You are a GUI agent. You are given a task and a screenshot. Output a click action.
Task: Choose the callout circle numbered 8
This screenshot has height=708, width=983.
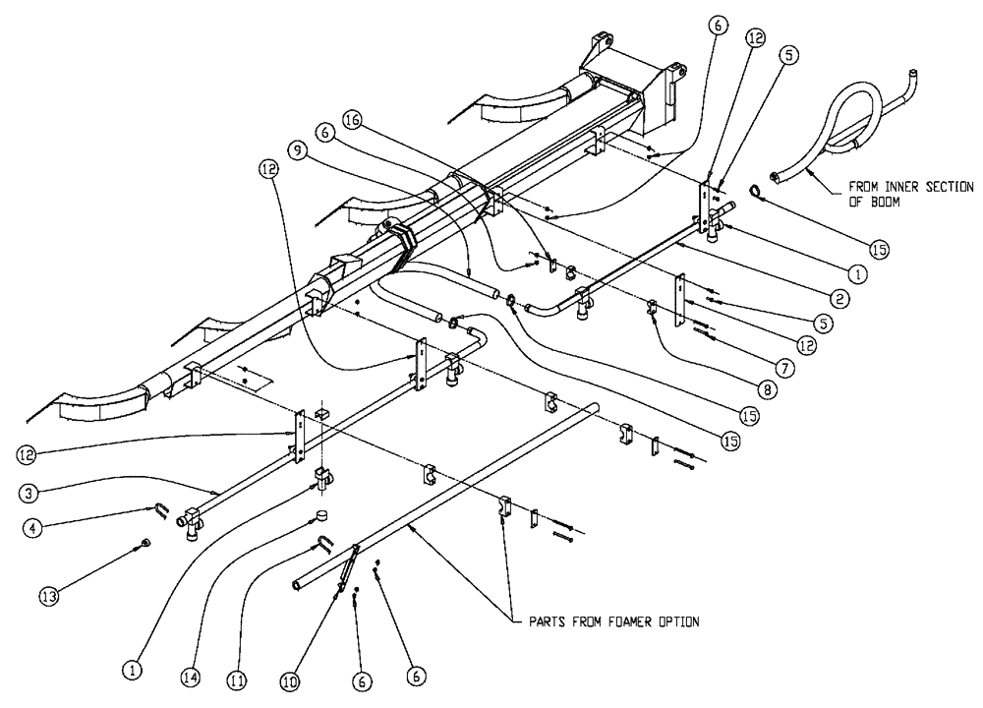pos(769,389)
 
